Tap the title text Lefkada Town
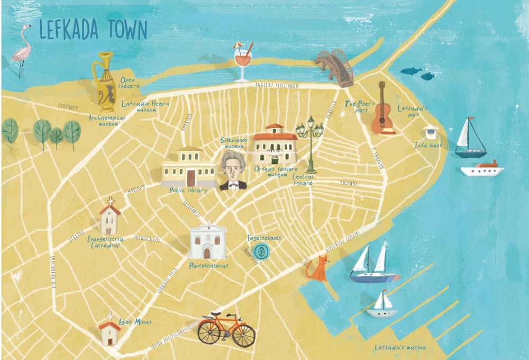tap(93, 30)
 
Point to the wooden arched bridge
tap(335, 66)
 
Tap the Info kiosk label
tap(428, 145)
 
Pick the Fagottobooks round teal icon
tap(260, 250)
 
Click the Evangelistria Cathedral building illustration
tap(110, 217)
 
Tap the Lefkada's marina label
tap(400, 348)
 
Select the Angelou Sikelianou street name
tap(277, 85)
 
